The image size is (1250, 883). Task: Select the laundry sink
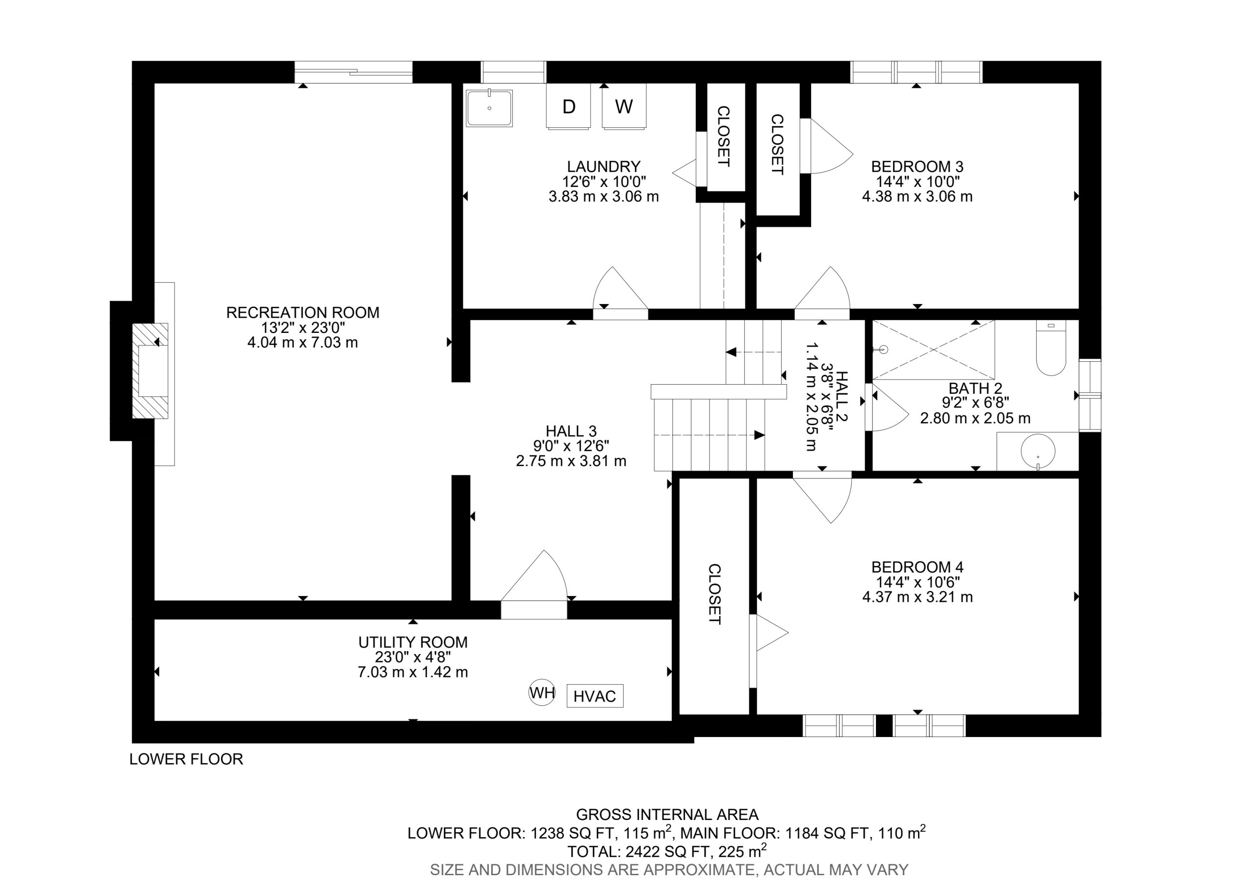click(x=489, y=108)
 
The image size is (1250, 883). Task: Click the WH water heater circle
click(x=542, y=693)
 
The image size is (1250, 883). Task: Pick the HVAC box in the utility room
click(x=595, y=696)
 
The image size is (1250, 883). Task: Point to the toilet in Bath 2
click(x=1051, y=348)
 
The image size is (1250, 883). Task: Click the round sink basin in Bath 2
click(x=1038, y=452)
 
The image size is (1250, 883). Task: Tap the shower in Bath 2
click(x=933, y=349)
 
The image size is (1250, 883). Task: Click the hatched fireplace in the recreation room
click(x=151, y=371)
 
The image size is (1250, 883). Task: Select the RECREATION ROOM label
click(x=303, y=312)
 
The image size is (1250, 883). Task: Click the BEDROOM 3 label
click(x=917, y=166)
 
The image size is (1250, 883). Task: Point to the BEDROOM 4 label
click(x=917, y=567)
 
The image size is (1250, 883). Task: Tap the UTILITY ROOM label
click(x=413, y=642)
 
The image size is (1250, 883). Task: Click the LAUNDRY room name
click(x=604, y=166)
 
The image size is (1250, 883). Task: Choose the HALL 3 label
click(x=571, y=431)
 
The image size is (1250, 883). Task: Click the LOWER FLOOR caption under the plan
click(x=186, y=759)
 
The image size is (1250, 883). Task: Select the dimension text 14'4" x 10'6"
click(x=917, y=582)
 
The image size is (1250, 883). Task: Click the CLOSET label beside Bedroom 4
click(x=714, y=594)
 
